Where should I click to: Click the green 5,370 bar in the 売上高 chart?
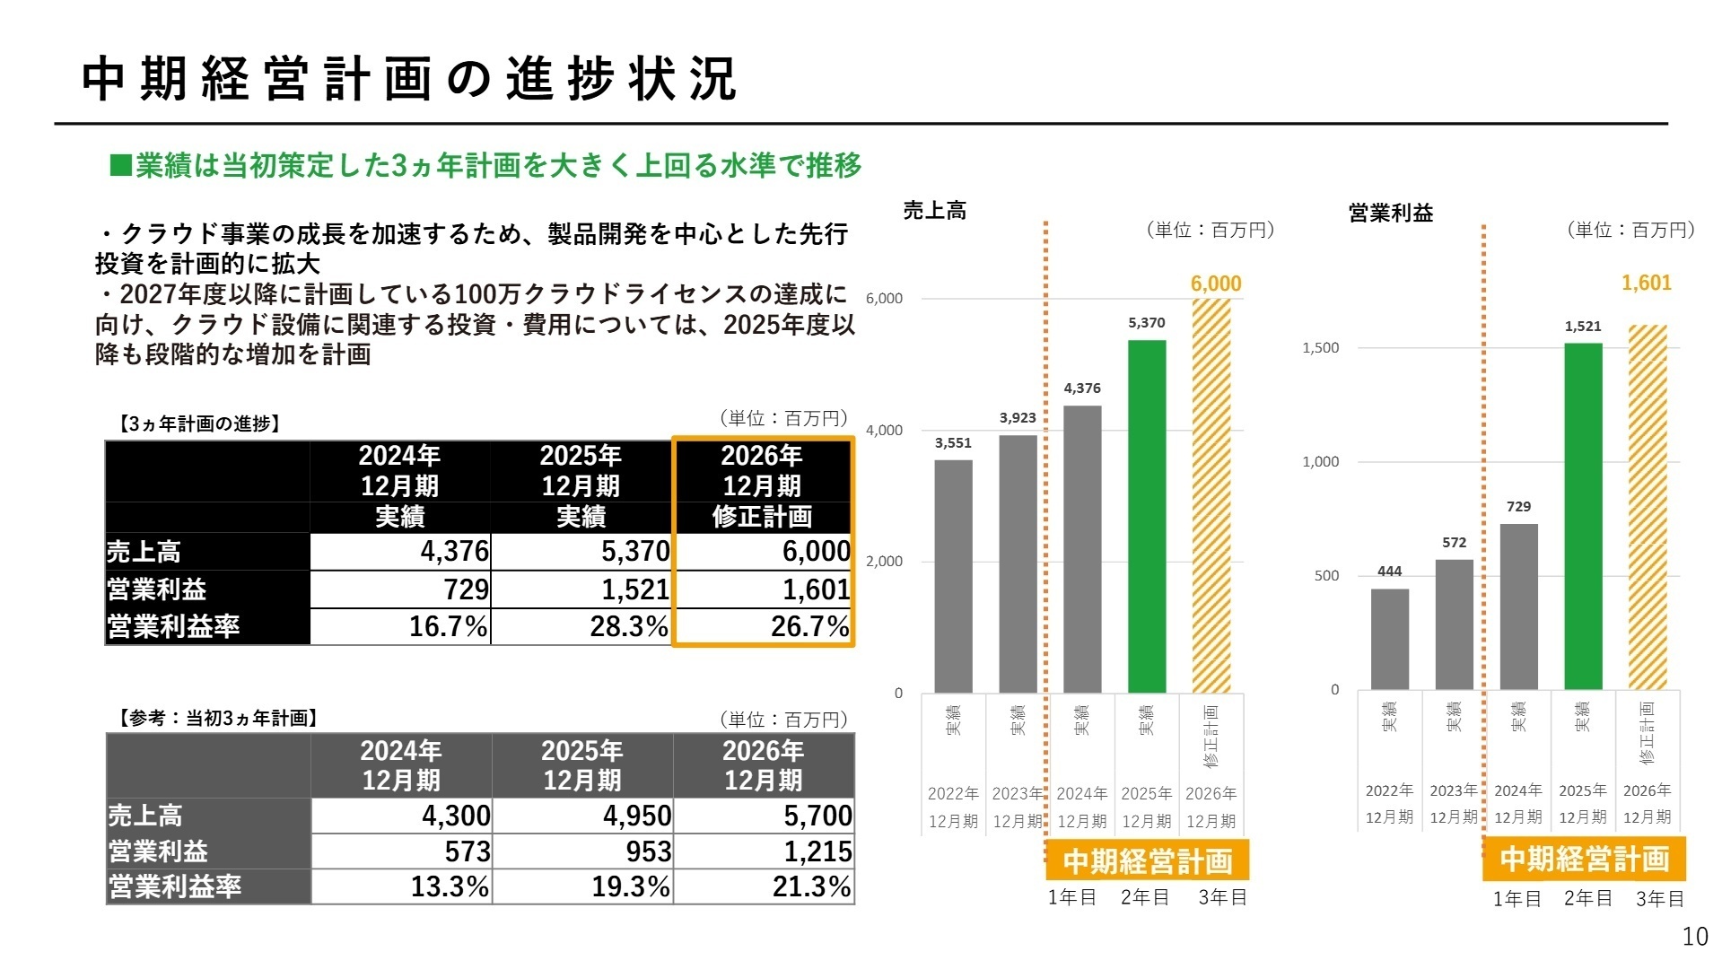(x=1146, y=516)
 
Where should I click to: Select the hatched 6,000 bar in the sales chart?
(x=1211, y=495)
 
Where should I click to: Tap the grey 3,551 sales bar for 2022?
(x=953, y=576)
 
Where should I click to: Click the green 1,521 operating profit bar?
(x=1582, y=516)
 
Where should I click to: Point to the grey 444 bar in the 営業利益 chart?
(x=1389, y=639)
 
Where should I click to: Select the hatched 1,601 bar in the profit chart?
(x=1647, y=507)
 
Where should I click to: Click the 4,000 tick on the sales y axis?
(x=884, y=431)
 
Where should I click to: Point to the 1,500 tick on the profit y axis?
(x=1320, y=348)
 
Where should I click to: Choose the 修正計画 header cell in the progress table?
(x=762, y=517)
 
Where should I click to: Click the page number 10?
(x=1694, y=937)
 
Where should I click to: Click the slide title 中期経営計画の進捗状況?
(x=409, y=79)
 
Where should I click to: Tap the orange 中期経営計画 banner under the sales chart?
(x=1147, y=861)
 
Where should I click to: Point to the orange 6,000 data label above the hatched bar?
(x=1215, y=284)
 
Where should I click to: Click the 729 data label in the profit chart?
(x=1518, y=507)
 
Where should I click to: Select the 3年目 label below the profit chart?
(x=1659, y=899)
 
